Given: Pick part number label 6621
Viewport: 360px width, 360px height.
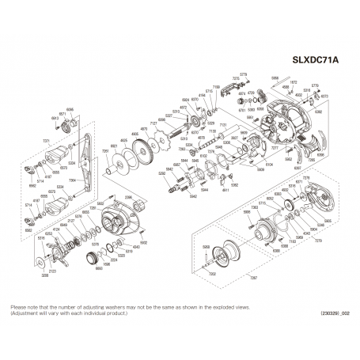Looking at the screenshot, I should pyautogui.click(x=114, y=146).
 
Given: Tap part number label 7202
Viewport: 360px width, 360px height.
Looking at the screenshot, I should pyautogui.click(x=211, y=272).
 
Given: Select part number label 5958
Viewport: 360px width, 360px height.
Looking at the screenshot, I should pyautogui.click(x=275, y=78).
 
